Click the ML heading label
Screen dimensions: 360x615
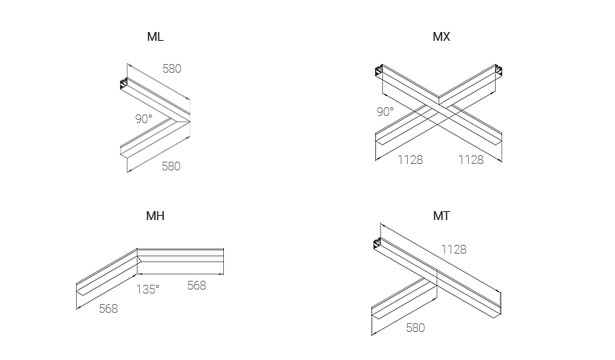(x=155, y=37)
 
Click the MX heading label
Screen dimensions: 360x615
(x=441, y=37)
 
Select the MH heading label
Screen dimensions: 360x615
(x=155, y=216)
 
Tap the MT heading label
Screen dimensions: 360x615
(x=441, y=216)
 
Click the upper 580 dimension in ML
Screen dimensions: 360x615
(x=172, y=69)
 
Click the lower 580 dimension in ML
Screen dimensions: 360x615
(x=171, y=166)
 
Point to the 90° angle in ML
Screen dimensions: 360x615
(x=143, y=118)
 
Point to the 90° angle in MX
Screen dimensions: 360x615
(x=385, y=111)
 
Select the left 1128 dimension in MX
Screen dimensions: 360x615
(x=410, y=160)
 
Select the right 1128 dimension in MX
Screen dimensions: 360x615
(x=470, y=160)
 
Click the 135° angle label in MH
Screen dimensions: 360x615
(x=147, y=289)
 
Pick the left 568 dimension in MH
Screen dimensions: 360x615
(x=107, y=308)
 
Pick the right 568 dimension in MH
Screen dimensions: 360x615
(x=196, y=286)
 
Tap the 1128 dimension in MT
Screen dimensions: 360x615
(x=453, y=250)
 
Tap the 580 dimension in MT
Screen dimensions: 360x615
(x=415, y=328)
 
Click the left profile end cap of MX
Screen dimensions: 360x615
(x=379, y=74)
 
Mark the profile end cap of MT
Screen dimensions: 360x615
(x=378, y=242)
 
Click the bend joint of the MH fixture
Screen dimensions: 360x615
(x=138, y=256)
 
